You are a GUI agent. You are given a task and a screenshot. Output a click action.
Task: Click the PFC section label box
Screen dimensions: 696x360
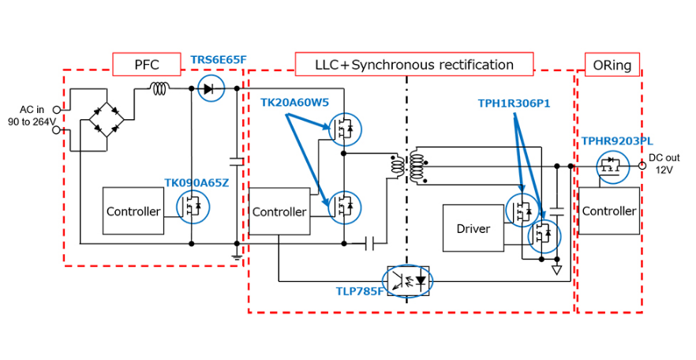(147, 65)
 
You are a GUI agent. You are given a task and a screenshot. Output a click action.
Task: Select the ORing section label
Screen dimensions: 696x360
(612, 65)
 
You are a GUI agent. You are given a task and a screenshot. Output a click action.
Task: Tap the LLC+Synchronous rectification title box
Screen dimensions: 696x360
(414, 65)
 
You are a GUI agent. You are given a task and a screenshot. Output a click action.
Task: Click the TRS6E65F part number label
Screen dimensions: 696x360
(218, 60)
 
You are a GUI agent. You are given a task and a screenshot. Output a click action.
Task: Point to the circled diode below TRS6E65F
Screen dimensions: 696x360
(211, 88)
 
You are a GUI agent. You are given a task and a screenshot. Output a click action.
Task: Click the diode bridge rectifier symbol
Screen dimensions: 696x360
(107, 119)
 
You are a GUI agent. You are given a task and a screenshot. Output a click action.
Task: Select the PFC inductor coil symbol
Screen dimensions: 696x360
(159, 88)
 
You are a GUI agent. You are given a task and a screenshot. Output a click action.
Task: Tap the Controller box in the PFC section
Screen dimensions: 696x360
(133, 211)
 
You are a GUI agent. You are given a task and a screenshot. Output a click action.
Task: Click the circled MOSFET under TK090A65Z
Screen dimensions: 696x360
(193, 207)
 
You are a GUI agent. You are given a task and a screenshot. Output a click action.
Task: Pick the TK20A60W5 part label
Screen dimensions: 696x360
(294, 103)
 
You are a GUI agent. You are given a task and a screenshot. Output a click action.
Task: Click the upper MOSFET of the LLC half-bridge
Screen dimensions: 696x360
(345, 129)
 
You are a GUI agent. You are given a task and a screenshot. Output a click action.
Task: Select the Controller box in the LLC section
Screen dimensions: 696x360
(279, 212)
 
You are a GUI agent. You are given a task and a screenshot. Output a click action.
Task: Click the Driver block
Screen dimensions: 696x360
(473, 228)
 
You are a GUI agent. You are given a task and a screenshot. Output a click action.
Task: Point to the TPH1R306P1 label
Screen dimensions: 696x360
(514, 103)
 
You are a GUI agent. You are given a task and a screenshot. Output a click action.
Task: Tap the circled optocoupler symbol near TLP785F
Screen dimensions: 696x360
(407, 281)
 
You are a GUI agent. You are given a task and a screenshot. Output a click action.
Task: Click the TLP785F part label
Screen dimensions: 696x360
(359, 291)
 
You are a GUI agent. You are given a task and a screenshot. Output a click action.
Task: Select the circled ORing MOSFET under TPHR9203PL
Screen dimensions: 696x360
(612, 167)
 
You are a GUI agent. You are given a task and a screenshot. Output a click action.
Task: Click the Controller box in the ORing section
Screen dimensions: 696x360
(609, 211)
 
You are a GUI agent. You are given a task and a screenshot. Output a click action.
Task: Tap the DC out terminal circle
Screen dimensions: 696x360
(642, 166)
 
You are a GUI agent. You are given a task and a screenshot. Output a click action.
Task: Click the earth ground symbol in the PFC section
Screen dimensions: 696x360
(237, 256)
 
